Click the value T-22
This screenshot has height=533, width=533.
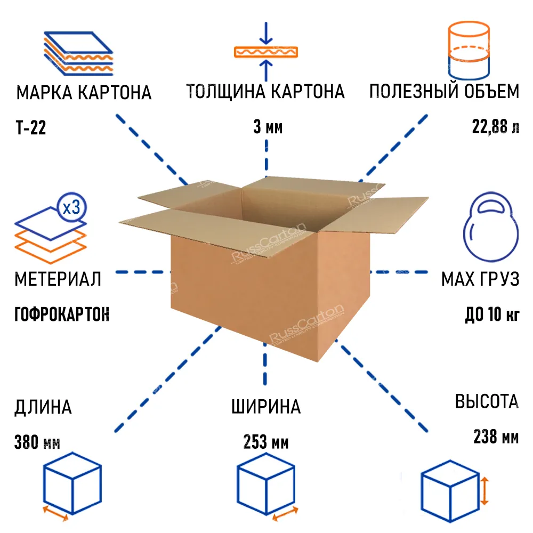point(30,128)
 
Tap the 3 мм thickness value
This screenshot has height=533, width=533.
point(268,127)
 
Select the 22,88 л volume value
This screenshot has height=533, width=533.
point(496,127)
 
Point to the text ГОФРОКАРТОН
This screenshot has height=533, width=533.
point(62,314)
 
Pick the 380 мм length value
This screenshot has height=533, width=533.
point(37,442)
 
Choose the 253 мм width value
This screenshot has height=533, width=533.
point(266,442)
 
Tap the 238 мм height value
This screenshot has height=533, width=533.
point(496,437)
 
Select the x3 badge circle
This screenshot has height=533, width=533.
point(72,207)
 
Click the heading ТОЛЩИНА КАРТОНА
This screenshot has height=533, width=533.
point(265,92)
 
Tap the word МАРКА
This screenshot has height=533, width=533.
point(45,92)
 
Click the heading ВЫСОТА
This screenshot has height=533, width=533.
point(487,401)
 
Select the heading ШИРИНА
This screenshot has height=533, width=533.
point(266,407)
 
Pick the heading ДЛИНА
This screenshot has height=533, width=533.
point(43,407)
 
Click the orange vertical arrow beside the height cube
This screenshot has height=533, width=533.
point(484,491)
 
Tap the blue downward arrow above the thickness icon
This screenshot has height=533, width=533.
point(266,33)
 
